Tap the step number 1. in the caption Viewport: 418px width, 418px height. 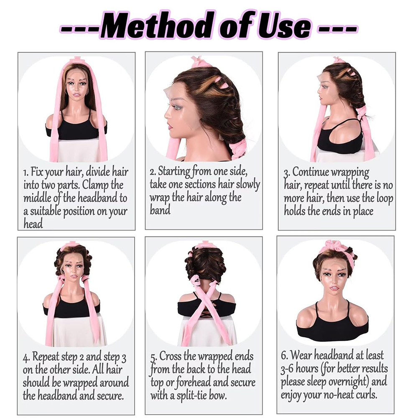26,172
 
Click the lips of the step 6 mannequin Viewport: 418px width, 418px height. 334,288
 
